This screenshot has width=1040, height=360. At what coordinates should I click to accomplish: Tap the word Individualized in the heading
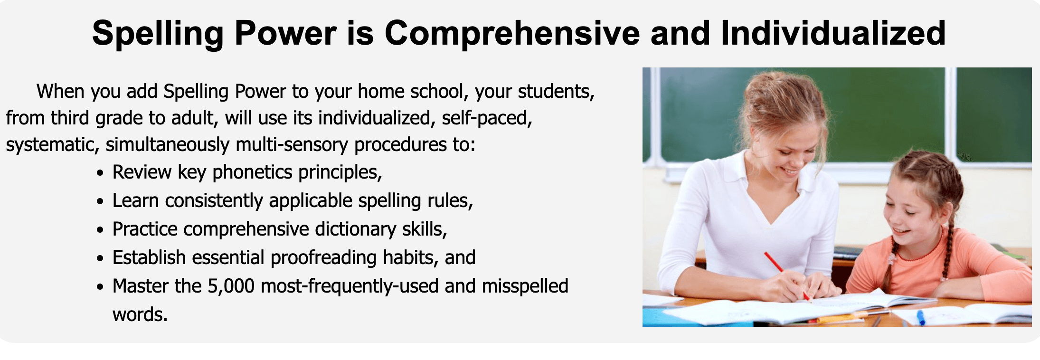tap(833, 33)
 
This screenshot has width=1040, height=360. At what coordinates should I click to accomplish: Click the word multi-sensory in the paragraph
tap(292, 145)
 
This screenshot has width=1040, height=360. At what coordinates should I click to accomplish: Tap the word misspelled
tap(525, 286)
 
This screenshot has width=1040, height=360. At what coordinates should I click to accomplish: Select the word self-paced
tap(487, 118)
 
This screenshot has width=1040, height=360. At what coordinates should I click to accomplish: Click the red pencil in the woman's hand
tap(786, 276)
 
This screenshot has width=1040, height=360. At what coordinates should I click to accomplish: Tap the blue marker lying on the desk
tap(920, 317)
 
